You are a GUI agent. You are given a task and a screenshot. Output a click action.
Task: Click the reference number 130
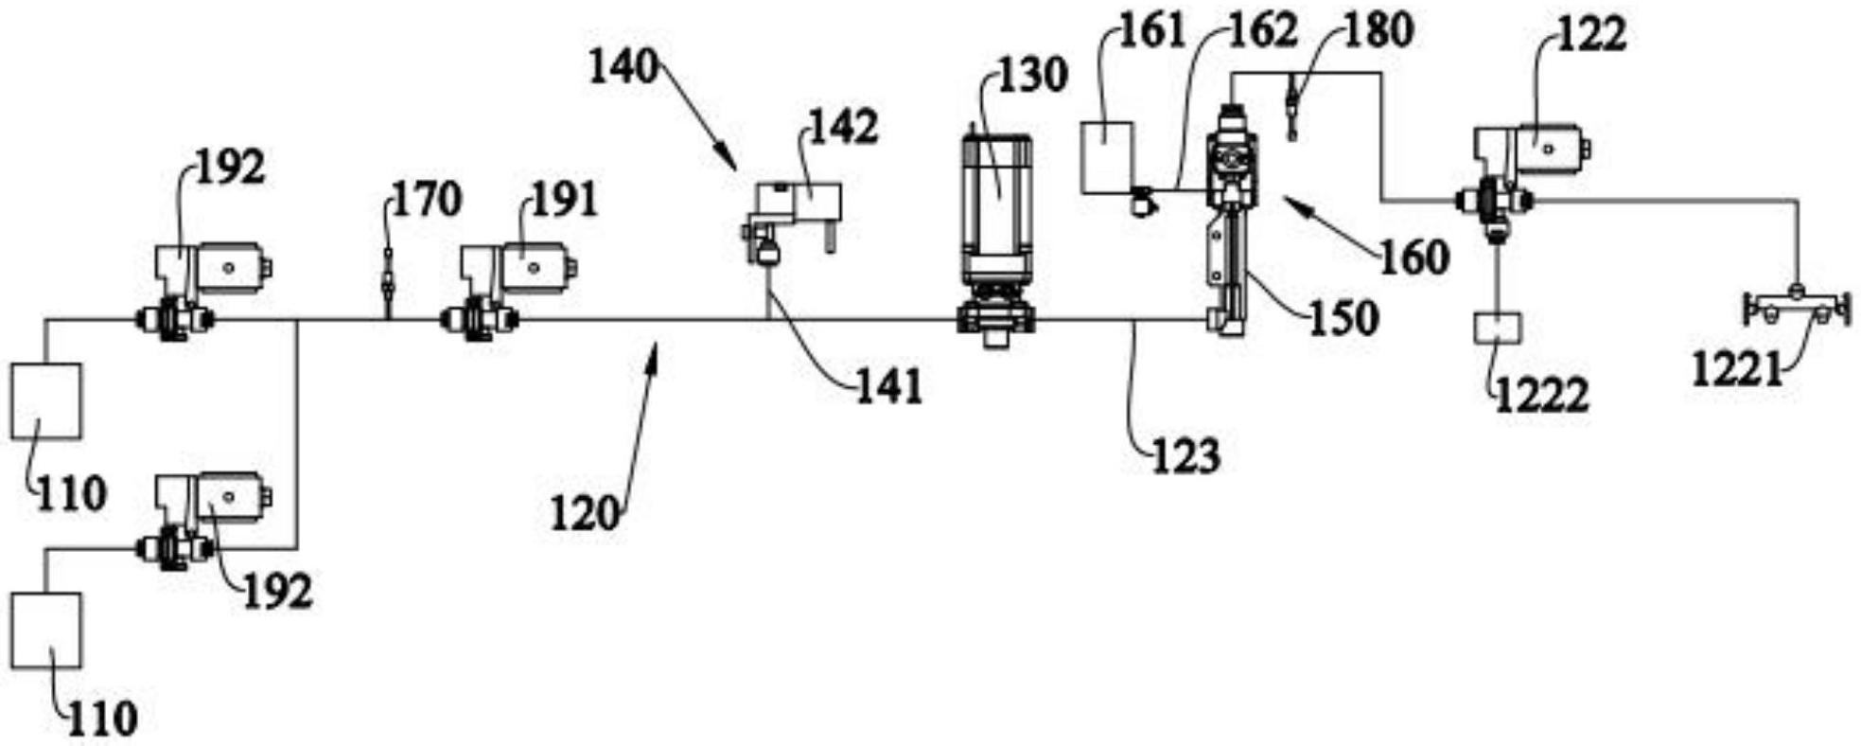coord(1029,74)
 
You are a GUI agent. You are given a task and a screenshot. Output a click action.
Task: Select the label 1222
coord(1540,395)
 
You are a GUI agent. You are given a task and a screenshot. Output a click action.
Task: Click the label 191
coord(564,200)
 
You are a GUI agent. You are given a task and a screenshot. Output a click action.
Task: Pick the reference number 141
coord(887,386)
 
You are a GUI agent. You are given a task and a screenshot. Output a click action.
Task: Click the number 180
coord(1378,31)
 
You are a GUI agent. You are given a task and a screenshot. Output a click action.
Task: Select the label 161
coord(1151,31)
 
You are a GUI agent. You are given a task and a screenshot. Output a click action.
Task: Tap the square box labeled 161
coord(1108,156)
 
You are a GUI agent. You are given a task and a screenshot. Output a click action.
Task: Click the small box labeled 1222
coord(1497,328)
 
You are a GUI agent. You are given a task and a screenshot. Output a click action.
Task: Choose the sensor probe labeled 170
coord(387,280)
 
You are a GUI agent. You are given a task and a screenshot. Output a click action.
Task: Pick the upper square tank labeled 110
coord(46,401)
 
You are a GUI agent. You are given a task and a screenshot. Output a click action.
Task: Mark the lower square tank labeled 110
coord(46,631)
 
